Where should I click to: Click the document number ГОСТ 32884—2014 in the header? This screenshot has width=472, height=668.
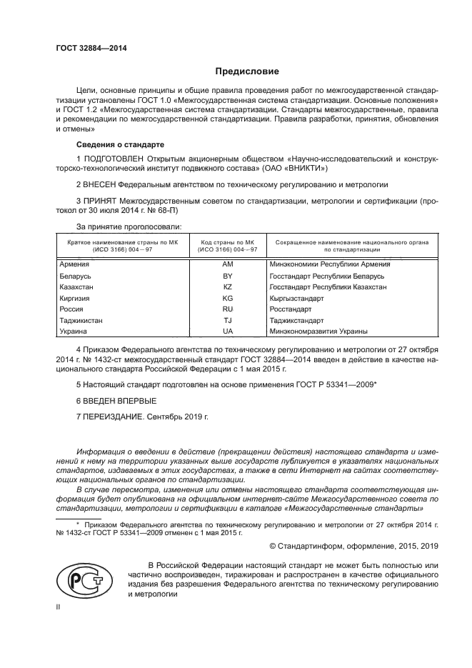(87, 47)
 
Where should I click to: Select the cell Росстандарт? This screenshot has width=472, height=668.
(290, 309)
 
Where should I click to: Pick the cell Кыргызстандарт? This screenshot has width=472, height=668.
(296, 298)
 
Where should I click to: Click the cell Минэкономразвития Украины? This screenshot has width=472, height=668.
(318, 331)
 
